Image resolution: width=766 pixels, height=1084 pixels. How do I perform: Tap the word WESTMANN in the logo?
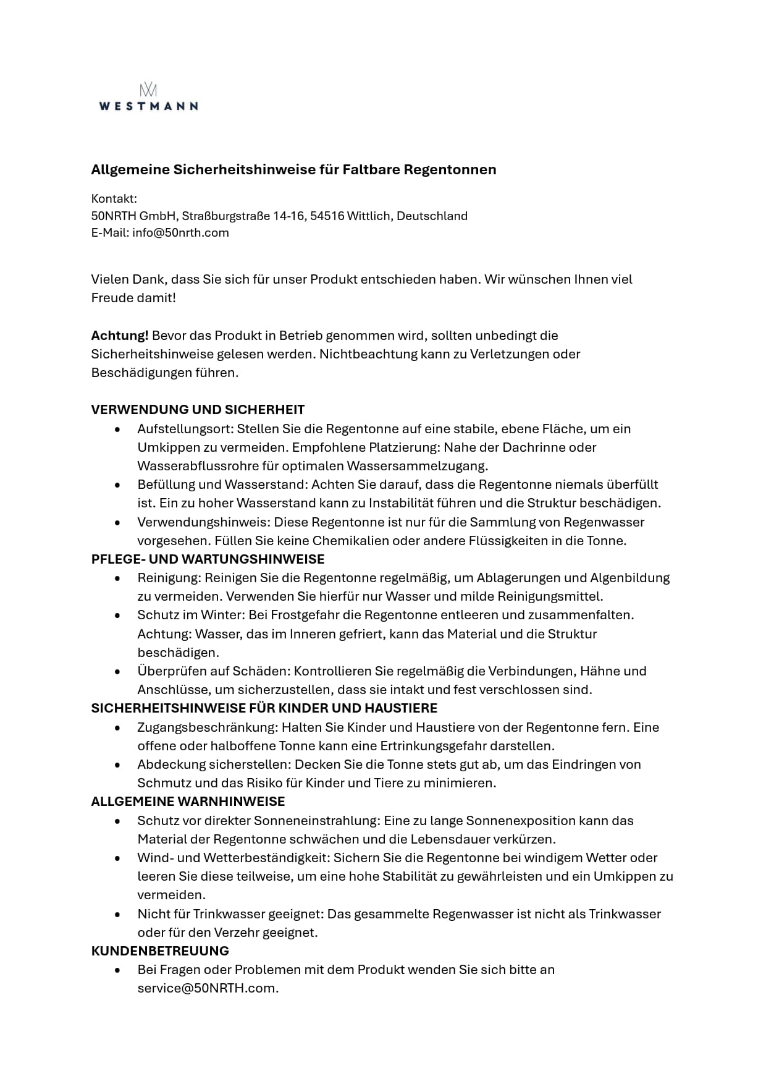(148, 106)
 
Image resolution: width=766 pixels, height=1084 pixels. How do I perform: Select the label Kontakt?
(114, 198)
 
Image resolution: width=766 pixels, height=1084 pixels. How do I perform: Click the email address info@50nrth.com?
(180, 233)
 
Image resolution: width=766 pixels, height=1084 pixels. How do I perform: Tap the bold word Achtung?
(120, 336)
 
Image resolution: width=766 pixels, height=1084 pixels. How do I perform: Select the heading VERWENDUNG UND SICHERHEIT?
(198, 410)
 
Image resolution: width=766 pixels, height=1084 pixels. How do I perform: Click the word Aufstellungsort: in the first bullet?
(185, 429)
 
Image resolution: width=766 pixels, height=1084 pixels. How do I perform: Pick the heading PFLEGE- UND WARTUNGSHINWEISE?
(208, 559)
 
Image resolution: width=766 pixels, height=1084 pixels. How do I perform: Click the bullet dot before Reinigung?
(117, 578)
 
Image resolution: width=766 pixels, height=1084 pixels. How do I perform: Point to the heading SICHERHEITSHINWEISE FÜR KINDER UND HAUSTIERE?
(264, 708)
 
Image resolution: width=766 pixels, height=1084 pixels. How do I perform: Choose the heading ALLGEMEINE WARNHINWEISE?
(188, 802)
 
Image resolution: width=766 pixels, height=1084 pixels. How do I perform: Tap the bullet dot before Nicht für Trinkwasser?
(117, 914)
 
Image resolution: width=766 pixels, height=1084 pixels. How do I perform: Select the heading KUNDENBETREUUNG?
(160, 951)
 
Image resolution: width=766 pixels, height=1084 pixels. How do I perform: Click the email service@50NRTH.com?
(208, 988)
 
